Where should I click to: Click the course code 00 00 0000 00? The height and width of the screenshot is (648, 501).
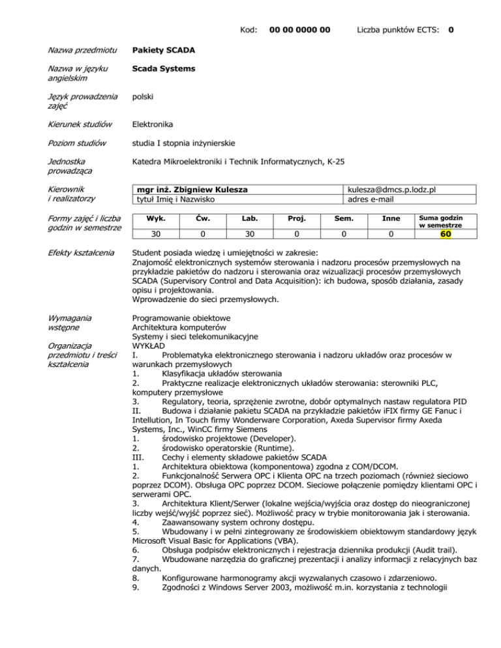[299, 29]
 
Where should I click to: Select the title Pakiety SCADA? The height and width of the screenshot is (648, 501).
[162, 50]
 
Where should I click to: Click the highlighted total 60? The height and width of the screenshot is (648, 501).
[446, 234]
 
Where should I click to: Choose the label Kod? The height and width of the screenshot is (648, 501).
[248, 29]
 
